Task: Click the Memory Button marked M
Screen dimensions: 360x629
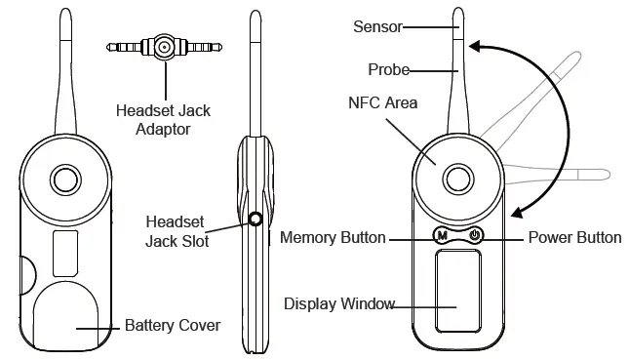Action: [441, 235]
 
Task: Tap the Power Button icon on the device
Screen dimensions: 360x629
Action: [474, 235]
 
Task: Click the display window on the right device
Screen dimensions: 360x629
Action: [457, 291]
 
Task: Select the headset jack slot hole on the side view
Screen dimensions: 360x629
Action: [256, 220]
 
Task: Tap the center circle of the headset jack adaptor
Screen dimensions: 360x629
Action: [165, 46]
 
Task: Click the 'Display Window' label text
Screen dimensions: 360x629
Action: [339, 303]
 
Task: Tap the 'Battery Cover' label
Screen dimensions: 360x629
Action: [173, 325]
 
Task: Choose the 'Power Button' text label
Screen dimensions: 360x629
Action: [574, 237]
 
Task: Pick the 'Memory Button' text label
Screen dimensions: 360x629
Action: [333, 237]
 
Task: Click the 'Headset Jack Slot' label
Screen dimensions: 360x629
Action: [176, 228]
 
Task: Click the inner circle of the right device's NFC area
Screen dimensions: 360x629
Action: [457, 178]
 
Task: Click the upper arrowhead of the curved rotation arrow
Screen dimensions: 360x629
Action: [475, 46]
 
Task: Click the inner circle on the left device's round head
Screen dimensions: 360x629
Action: [65, 179]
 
